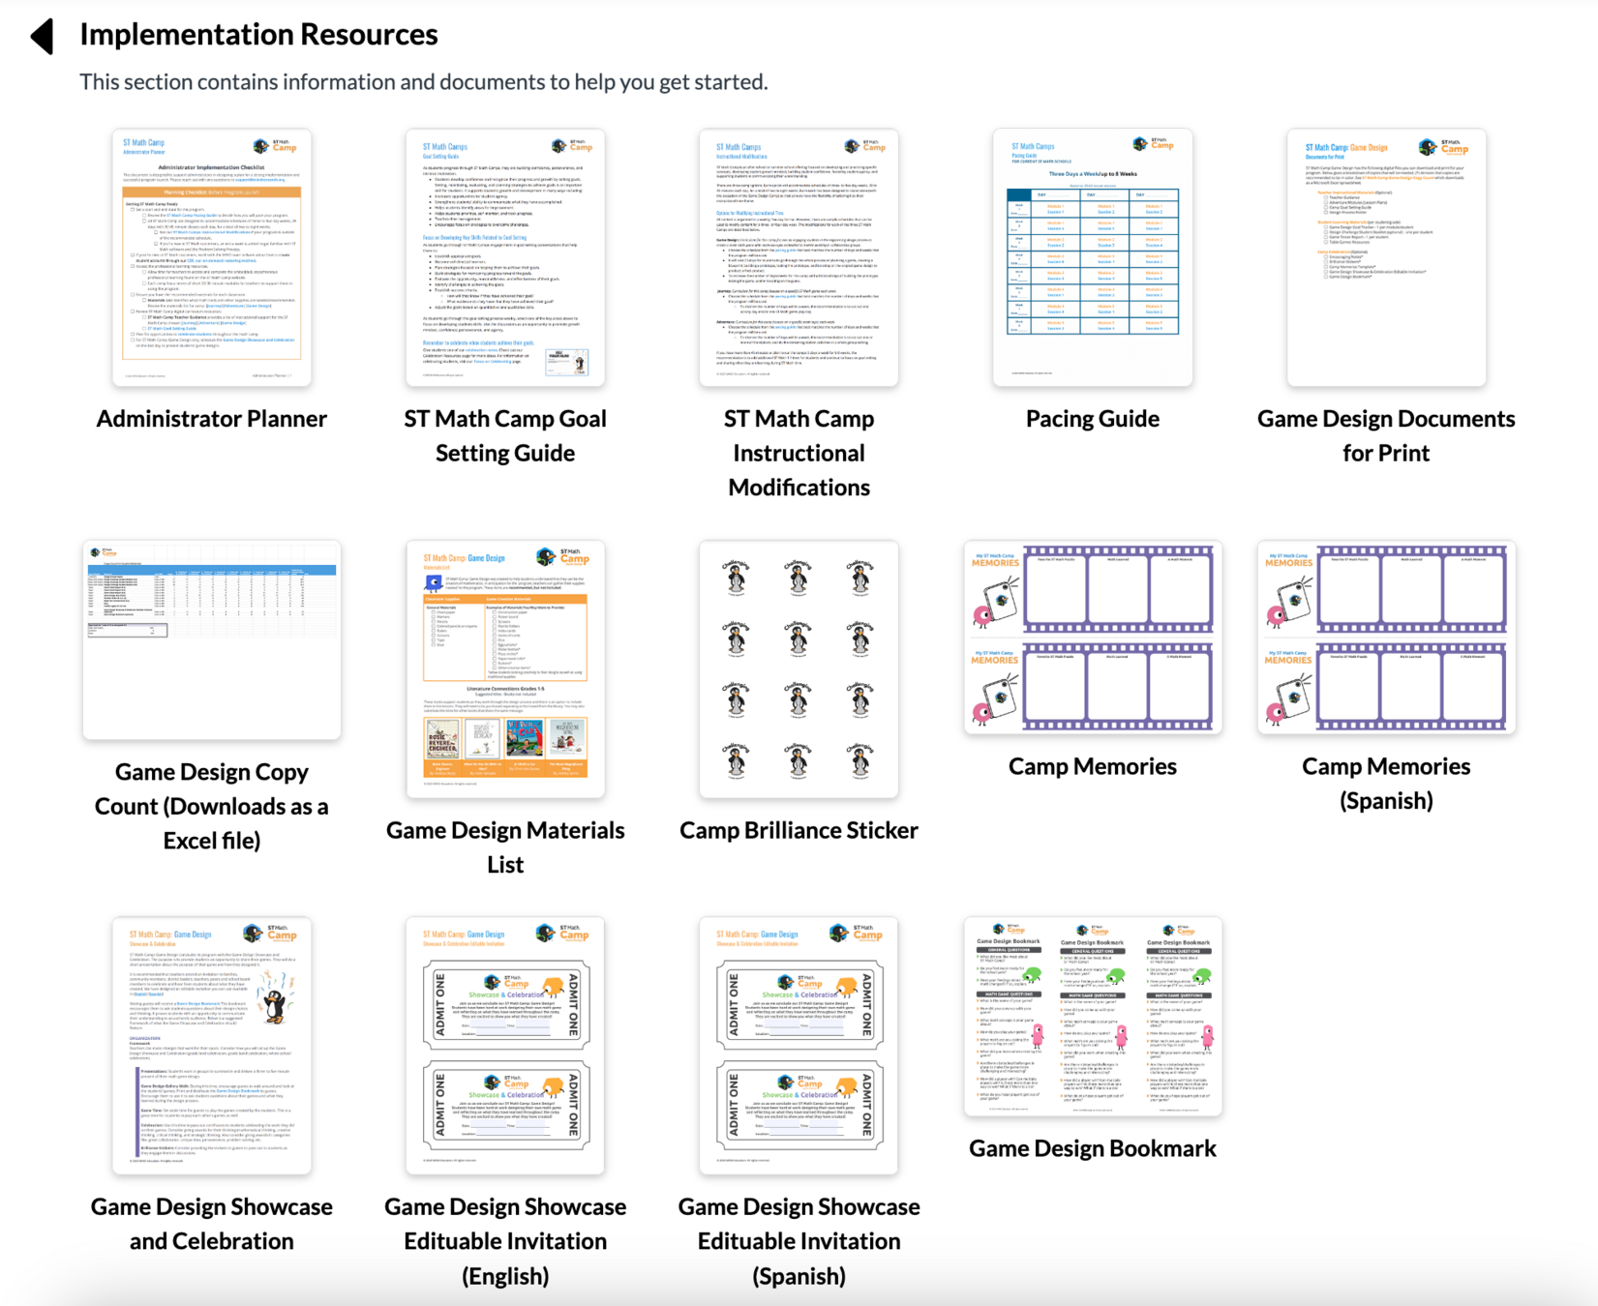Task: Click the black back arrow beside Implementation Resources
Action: click(x=43, y=36)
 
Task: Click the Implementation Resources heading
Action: click(x=258, y=35)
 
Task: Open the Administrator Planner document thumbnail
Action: click(x=211, y=257)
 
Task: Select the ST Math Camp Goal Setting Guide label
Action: click(x=505, y=435)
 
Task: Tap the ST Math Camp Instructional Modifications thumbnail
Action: click(x=799, y=257)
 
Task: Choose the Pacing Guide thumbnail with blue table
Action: click(x=1092, y=257)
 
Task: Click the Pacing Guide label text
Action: click(x=1092, y=419)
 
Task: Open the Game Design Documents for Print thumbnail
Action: click(x=1386, y=257)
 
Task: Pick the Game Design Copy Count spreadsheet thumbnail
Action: click(x=211, y=639)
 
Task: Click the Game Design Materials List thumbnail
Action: click(x=505, y=669)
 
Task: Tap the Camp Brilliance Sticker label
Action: click(x=799, y=830)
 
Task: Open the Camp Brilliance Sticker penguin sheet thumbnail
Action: click(x=799, y=669)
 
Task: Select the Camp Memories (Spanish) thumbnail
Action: click(x=1386, y=637)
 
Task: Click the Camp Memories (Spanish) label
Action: click(x=1386, y=783)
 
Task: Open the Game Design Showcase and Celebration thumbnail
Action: click(x=211, y=1046)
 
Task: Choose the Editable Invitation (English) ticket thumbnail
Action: click(x=505, y=1046)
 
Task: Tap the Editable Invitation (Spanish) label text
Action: click(x=799, y=1241)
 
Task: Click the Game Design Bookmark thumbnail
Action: click(x=1092, y=1017)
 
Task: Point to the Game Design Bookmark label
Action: click(x=1092, y=1148)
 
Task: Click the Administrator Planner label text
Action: click(x=211, y=419)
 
